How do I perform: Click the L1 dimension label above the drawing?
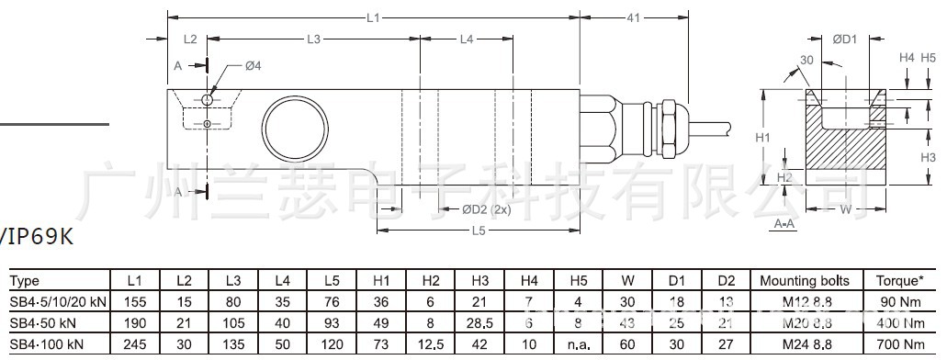tap(372, 17)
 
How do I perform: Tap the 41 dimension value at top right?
tap(632, 17)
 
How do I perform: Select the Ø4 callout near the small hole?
tap(254, 65)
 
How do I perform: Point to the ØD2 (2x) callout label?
tap(486, 209)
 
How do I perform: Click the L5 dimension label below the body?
tap(477, 231)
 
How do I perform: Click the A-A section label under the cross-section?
tap(784, 223)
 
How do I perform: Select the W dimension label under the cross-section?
tap(845, 209)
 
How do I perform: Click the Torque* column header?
tap(898, 281)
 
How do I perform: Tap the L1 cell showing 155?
tap(135, 301)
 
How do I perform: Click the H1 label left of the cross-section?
tap(761, 137)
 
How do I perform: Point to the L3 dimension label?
tap(312, 39)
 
